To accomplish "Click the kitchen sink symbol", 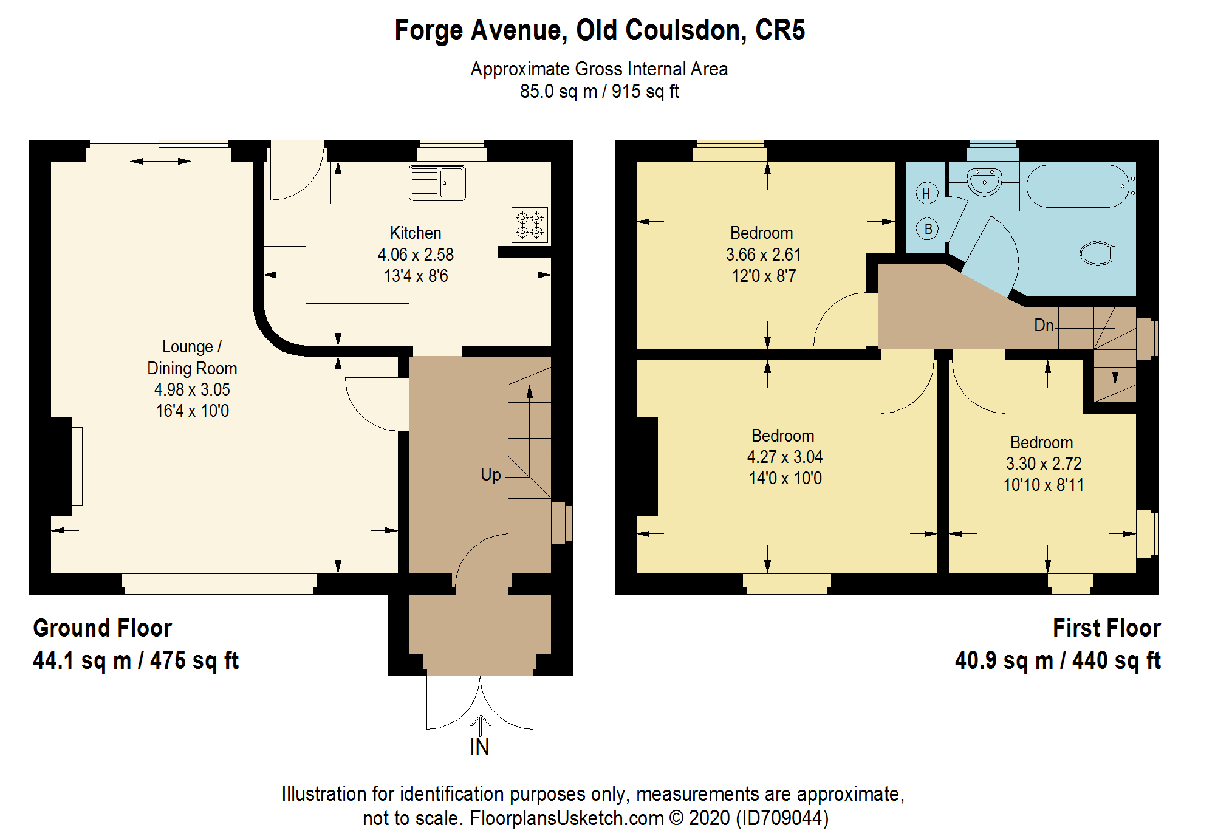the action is point(437,183).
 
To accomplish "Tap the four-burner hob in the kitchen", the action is point(530,225).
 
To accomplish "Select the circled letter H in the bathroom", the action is point(926,194).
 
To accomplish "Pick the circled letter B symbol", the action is point(928,229).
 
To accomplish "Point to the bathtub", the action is point(1078,187).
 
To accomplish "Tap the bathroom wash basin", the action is point(984,181).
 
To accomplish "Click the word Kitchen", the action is point(416,233).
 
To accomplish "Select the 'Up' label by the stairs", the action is point(491,474).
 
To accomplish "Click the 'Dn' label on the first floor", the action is point(1044,325).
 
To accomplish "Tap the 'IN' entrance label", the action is point(479,747).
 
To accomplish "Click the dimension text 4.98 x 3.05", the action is point(192,389).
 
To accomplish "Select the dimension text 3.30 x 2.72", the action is point(1044,464).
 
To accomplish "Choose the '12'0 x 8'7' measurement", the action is point(764,276).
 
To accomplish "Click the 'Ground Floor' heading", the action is point(102,628).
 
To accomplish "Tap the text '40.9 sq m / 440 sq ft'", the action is point(1058,660).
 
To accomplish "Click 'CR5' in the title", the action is point(780,30).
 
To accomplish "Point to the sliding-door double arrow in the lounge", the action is point(161,161).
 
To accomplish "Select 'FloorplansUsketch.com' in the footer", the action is point(567,818).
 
